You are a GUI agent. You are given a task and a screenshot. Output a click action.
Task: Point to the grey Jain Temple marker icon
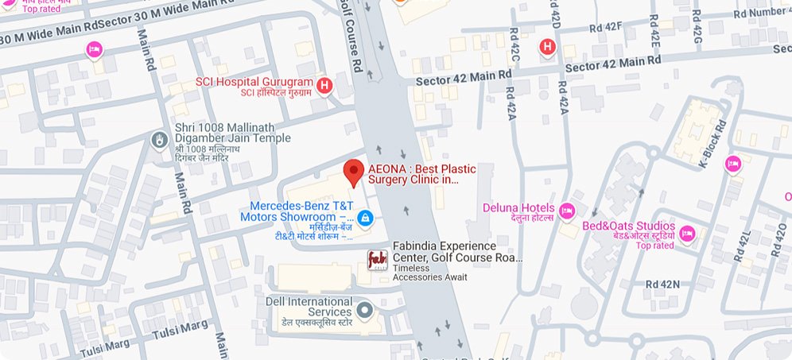[x=159, y=139]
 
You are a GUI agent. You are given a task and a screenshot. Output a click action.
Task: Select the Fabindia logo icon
[x=377, y=260]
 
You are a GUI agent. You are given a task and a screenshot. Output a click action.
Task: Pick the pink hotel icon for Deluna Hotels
[x=567, y=211]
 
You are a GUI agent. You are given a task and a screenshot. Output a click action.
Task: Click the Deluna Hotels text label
[x=518, y=208]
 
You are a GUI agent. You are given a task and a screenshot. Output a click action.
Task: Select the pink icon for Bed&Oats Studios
[x=688, y=234]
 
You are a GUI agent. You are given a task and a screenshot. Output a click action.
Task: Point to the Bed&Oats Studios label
[x=628, y=226]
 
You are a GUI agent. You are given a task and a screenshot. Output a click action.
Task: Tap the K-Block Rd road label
[x=712, y=144]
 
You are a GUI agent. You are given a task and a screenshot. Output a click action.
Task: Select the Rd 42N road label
[x=662, y=284]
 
